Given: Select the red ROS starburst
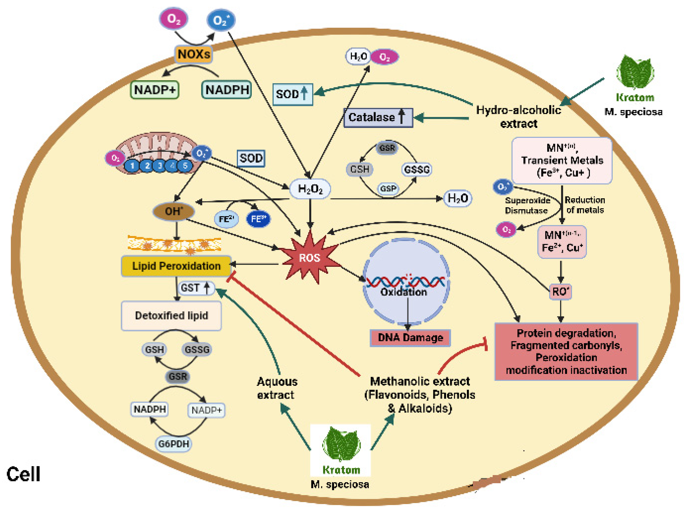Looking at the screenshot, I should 309,258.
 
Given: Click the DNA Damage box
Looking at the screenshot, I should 410,338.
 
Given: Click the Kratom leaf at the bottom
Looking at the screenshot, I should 341,443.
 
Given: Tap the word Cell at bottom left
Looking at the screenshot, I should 23,474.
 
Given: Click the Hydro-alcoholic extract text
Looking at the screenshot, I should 518,117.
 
